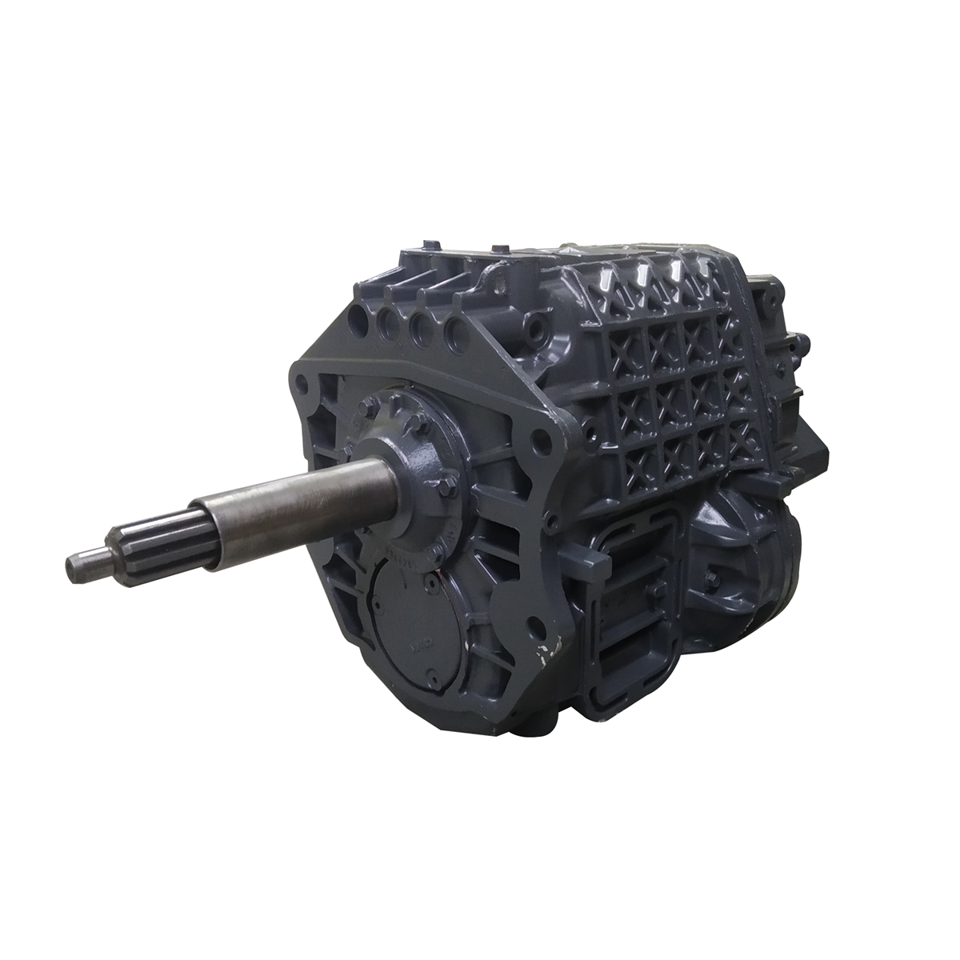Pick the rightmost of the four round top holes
click(x=455, y=327)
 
